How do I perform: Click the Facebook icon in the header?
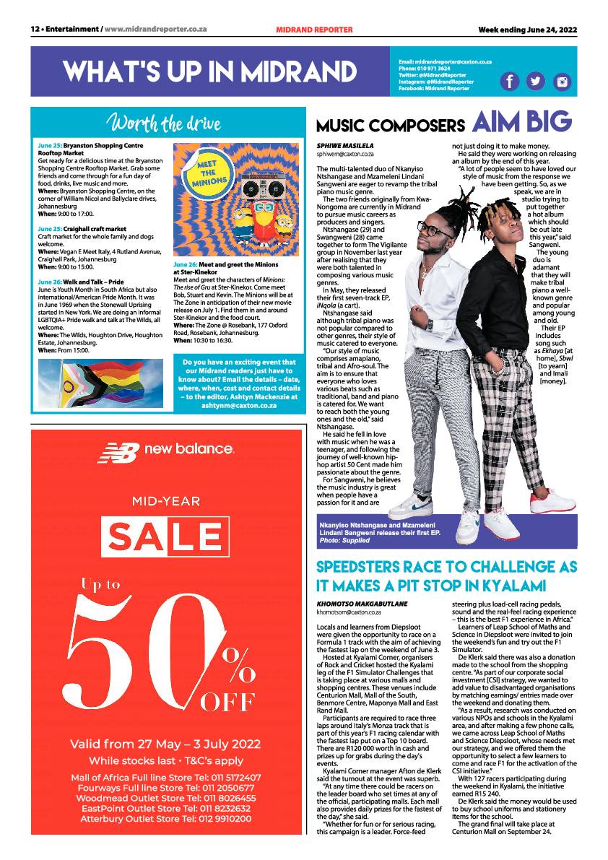pos(509,82)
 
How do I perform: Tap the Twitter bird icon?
pos(535,82)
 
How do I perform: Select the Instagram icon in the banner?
pos(561,82)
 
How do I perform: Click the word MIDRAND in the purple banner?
pos(298,71)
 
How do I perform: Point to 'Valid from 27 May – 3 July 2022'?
pos(166,744)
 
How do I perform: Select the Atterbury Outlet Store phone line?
pos(166,819)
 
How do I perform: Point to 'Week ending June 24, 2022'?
pos(528,30)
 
